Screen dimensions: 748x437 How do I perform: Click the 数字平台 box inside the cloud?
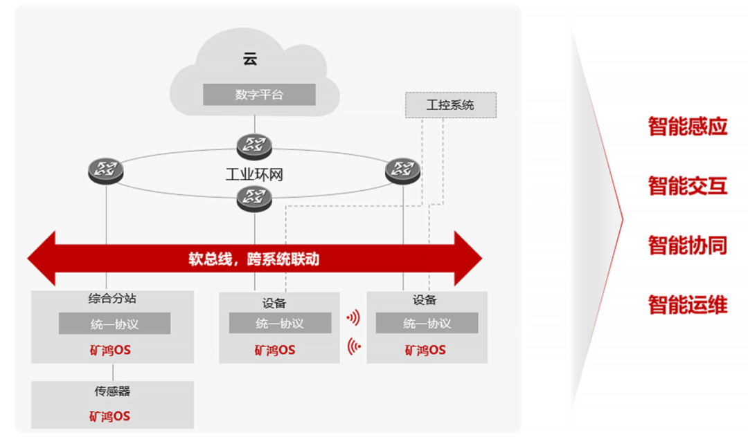(259, 94)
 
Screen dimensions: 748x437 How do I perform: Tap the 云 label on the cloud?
(250, 59)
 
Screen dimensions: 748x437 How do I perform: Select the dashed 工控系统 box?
(451, 104)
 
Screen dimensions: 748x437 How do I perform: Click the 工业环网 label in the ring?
(254, 175)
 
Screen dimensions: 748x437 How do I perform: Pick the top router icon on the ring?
(254, 146)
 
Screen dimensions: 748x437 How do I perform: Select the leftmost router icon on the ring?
(106, 170)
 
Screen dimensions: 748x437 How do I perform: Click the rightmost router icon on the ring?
(402, 170)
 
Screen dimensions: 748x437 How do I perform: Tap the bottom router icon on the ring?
(254, 198)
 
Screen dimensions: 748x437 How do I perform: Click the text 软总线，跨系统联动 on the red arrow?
(253, 259)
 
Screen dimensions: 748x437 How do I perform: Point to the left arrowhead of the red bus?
(42, 259)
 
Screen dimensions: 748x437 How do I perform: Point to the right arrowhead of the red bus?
(468, 259)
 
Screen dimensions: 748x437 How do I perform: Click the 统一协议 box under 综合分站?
(114, 324)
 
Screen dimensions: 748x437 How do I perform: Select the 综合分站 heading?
(112, 299)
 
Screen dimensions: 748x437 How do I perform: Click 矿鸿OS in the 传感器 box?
(109, 416)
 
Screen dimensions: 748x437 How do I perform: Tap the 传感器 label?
(112, 391)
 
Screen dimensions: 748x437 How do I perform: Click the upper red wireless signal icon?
(353, 317)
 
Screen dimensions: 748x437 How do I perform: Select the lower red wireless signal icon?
(354, 346)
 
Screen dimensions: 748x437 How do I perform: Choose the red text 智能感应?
(688, 126)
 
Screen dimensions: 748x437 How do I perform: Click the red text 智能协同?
(688, 245)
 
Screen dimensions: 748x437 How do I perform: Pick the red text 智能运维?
(688, 305)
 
